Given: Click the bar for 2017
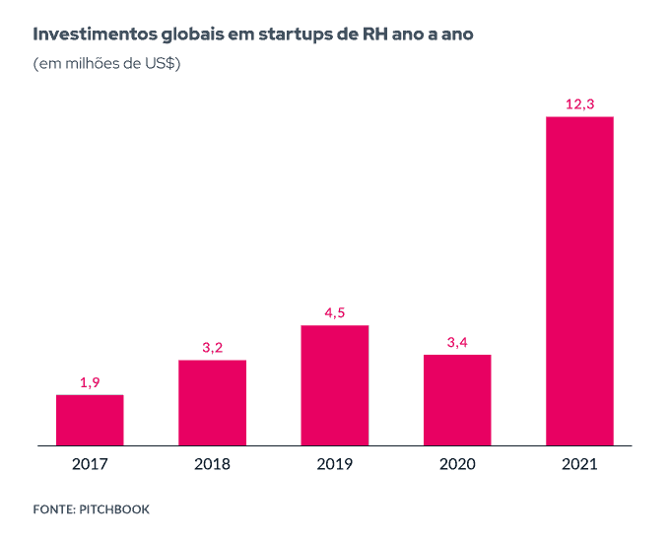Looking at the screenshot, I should [90, 420].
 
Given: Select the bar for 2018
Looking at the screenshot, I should [212, 402].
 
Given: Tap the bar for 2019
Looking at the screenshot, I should [335, 384].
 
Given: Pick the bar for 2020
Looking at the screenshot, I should [457, 399].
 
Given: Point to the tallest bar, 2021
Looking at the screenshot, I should [579, 281].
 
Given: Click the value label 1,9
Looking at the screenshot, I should [90, 381].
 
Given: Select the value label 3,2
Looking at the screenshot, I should [212, 347].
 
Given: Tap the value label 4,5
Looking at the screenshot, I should [335, 312].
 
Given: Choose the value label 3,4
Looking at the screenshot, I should [457, 341].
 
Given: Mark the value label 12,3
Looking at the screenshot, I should [579, 103].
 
